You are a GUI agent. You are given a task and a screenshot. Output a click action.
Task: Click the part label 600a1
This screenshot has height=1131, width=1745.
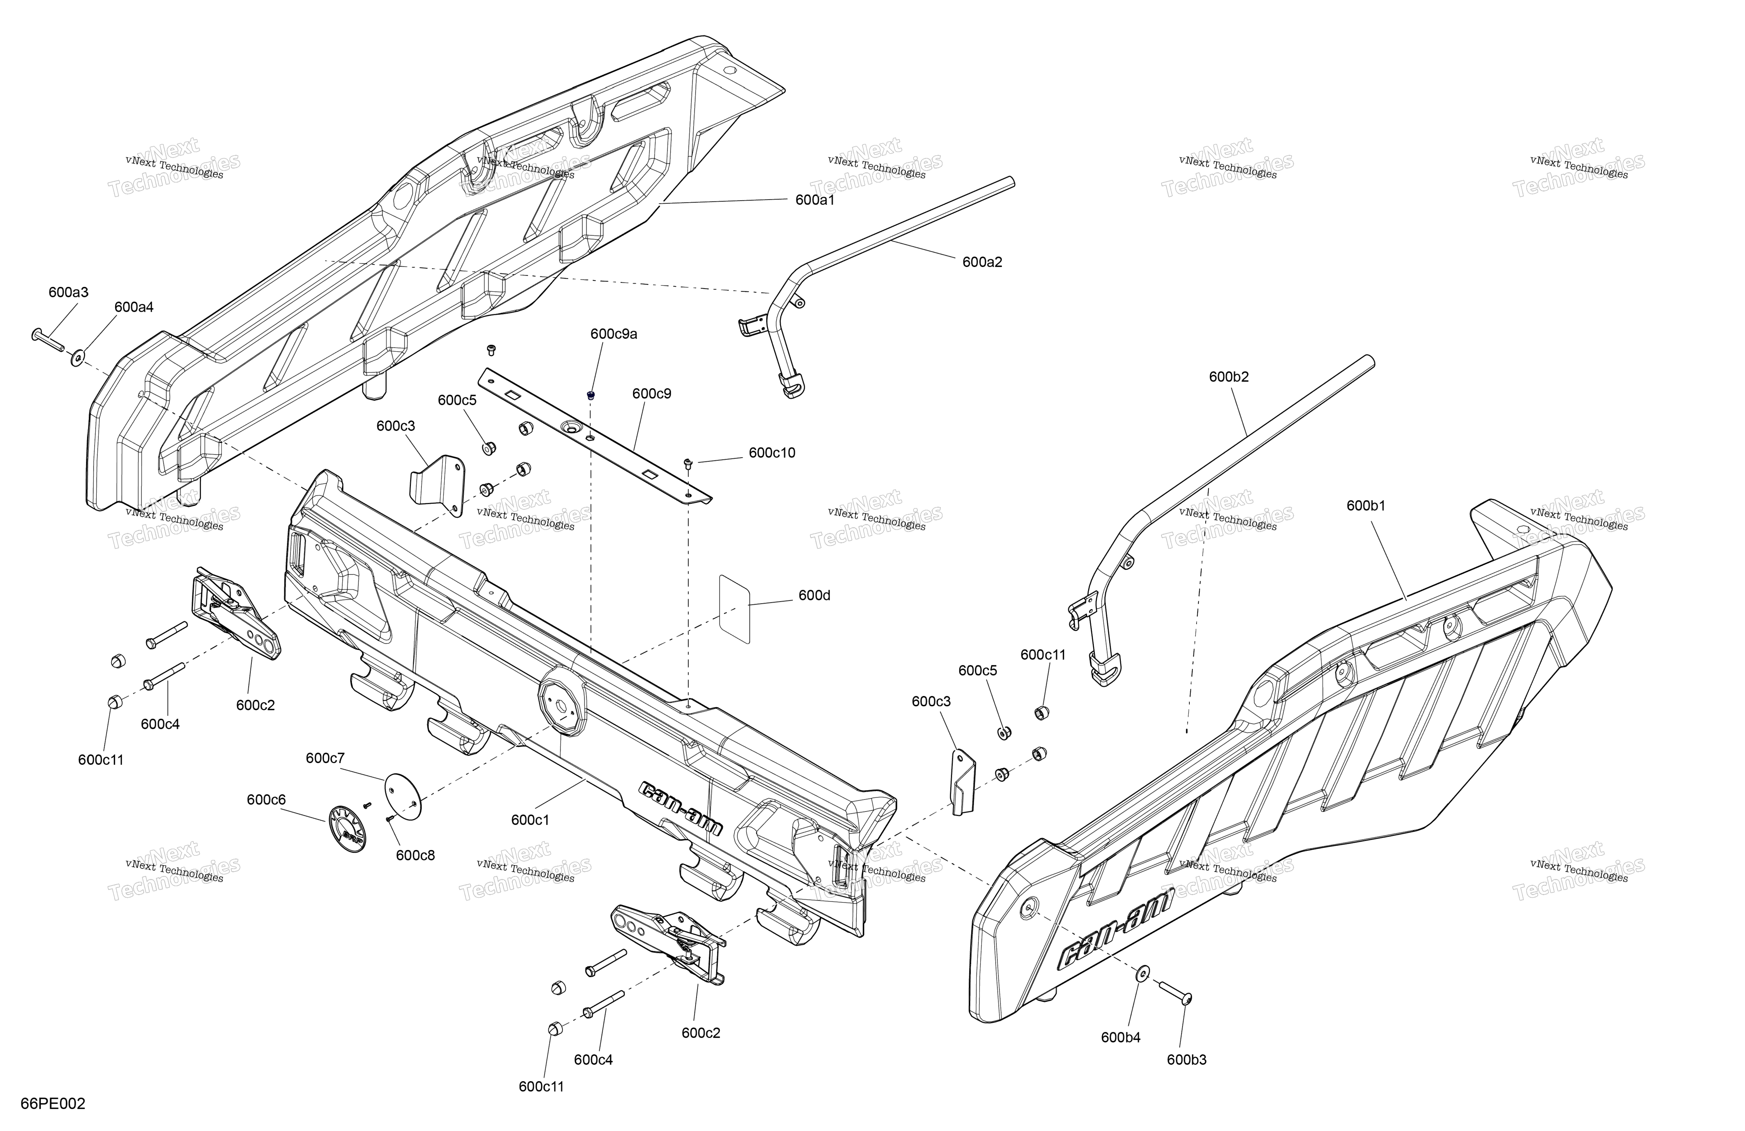815,199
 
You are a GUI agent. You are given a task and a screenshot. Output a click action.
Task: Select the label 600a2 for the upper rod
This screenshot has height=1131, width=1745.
982,262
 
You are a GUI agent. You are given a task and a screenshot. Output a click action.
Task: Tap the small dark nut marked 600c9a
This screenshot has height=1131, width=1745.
591,395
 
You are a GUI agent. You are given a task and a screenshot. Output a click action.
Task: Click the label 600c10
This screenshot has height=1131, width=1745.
771,453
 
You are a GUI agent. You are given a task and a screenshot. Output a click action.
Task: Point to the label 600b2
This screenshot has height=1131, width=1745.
1229,377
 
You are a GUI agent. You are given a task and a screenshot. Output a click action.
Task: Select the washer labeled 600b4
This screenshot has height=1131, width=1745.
1142,973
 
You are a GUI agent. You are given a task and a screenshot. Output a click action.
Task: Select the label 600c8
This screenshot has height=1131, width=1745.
416,855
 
